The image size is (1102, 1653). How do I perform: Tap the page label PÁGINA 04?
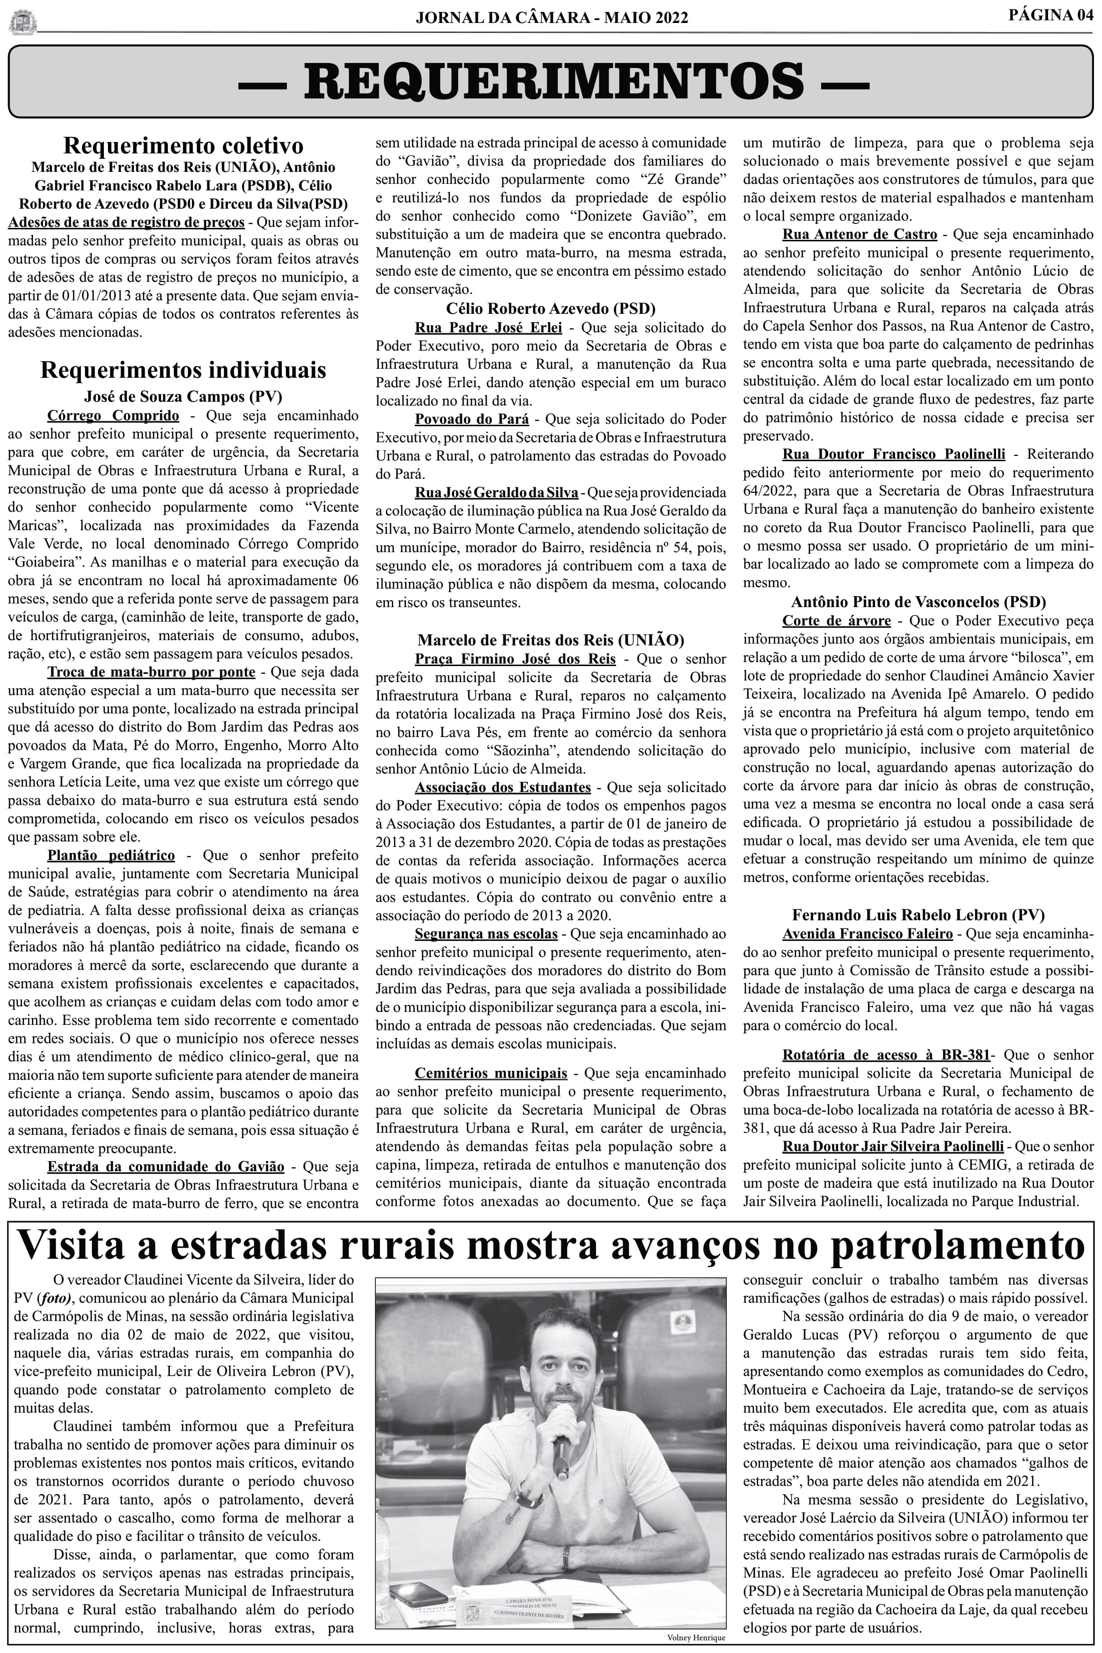pyautogui.click(x=1051, y=15)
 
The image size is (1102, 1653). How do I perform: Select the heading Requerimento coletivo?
pyautogui.click(x=183, y=146)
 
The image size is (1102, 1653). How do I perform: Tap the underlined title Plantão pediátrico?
pyautogui.click(x=111, y=855)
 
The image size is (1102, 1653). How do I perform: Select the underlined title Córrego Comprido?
pyautogui.click(x=113, y=415)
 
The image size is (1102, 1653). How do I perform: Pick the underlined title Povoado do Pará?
pyautogui.click(x=472, y=419)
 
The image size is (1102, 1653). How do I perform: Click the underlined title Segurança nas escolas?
pyautogui.click(x=486, y=934)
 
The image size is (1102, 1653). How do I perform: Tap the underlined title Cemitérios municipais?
pyautogui.click(x=491, y=1073)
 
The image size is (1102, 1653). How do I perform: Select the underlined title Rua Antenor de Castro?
pyautogui.click(x=860, y=234)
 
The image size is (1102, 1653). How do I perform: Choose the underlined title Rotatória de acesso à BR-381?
pyautogui.click(x=886, y=1055)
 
